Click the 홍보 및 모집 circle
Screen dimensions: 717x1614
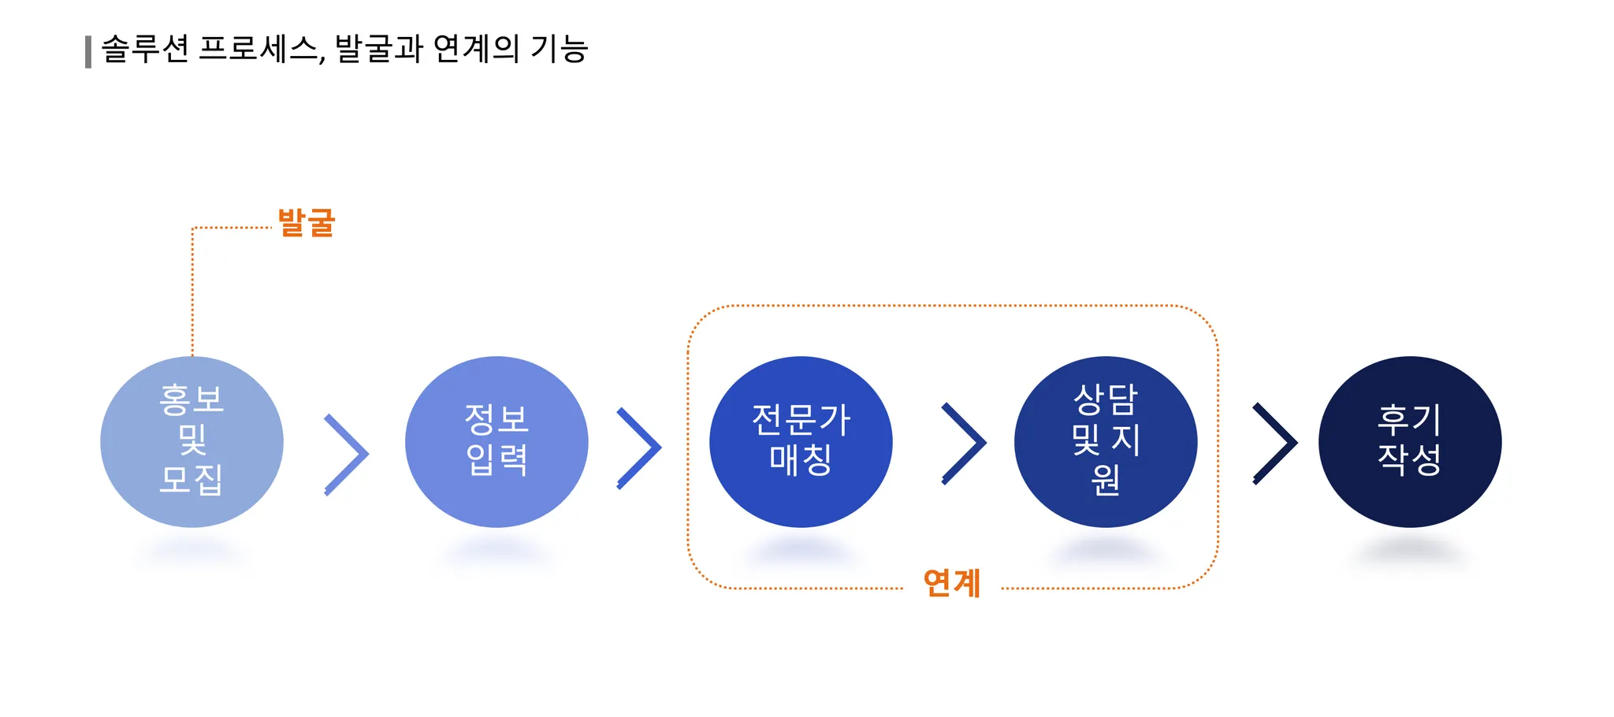pos(192,441)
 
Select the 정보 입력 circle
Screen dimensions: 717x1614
pos(496,441)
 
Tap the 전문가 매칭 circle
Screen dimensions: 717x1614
pos(801,441)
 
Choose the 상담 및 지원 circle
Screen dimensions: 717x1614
pos(1106,441)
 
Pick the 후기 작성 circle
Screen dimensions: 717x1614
pos(1410,441)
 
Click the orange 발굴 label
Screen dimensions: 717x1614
pos(307,223)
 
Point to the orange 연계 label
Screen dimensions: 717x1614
pos(952,584)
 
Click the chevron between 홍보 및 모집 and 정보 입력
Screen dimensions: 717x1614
pos(347,454)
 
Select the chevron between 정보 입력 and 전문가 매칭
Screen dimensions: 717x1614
pos(639,448)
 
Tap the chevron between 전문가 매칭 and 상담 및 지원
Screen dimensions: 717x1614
pos(965,443)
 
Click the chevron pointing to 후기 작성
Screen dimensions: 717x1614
pos(1275,443)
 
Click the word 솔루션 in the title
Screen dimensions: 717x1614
pos(145,49)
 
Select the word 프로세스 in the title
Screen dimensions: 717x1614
pos(259,49)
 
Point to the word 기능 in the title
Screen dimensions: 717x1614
pos(560,49)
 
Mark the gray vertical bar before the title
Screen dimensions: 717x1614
pos(88,52)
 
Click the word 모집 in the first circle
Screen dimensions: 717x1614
pos(192,479)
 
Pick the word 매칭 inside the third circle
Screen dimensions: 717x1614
pos(801,460)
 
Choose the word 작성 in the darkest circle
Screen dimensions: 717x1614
pos(1410,460)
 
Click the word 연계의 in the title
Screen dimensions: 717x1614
pos(476,49)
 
